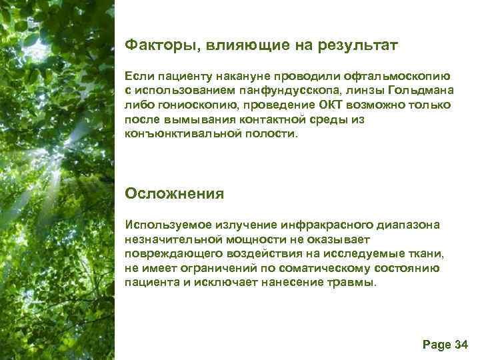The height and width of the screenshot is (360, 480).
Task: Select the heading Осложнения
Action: click(175, 194)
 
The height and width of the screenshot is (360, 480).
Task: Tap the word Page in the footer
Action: click(437, 344)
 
